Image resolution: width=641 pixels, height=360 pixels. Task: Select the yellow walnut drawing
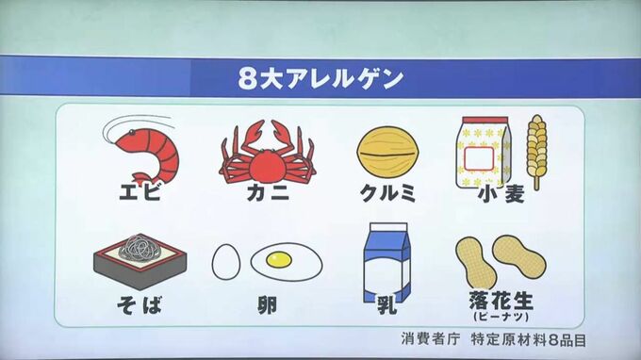click(387, 154)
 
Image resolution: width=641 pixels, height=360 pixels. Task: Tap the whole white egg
click(226, 262)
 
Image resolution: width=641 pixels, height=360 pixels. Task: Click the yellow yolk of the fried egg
click(279, 259)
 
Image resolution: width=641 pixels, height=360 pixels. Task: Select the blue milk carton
click(386, 263)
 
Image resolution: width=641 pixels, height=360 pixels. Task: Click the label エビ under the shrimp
click(140, 191)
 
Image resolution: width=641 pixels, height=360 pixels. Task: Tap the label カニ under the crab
click(268, 191)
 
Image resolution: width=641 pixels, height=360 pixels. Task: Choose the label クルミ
click(387, 192)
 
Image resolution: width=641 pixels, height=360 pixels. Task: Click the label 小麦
click(501, 195)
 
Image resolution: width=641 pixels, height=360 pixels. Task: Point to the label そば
click(140, 304)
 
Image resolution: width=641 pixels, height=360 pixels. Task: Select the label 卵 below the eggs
click(268, 305)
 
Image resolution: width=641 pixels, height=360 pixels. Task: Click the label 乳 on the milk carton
click(386, 304)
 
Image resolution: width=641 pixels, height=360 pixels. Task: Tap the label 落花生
click(501, 301)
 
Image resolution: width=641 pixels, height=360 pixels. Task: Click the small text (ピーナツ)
click(501, 317)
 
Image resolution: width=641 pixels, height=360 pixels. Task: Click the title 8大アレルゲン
click(320, 78)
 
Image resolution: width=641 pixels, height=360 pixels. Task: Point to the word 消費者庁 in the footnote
click(431, 338)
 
